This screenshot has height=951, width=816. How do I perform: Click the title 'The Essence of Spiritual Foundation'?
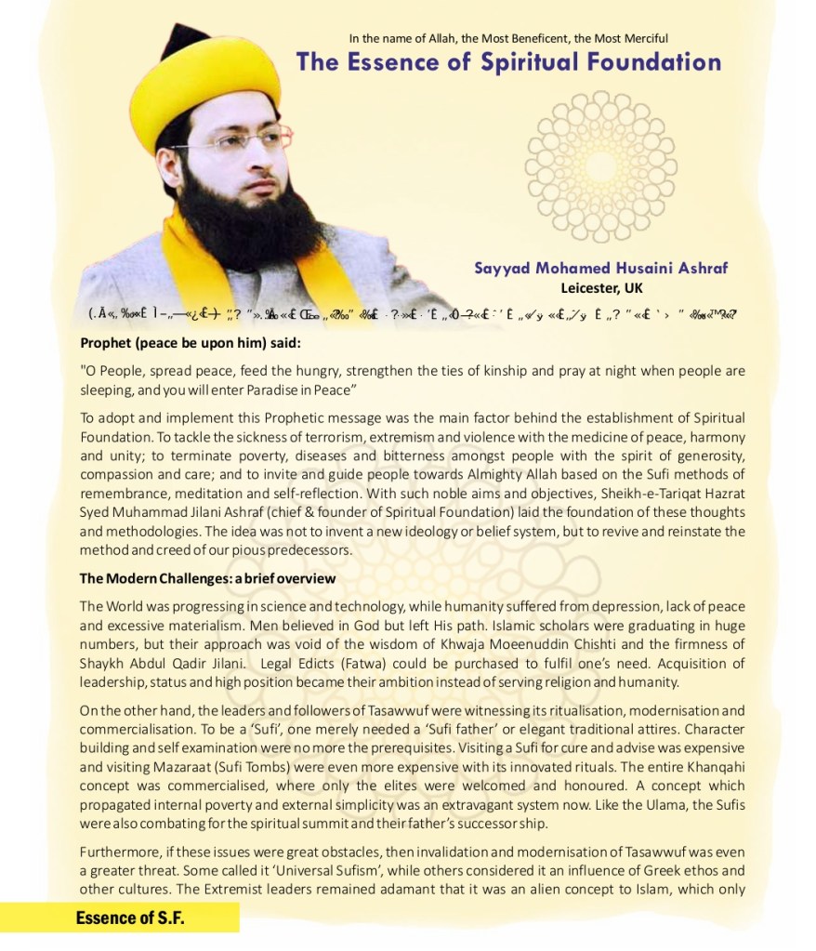[x=508, y=62]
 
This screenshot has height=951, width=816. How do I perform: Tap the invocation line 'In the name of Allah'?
[x=508, y=38]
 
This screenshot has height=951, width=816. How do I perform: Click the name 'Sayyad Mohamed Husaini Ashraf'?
[x=600, y=269]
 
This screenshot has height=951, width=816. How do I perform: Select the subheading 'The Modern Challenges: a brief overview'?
[x=207, y=578]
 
